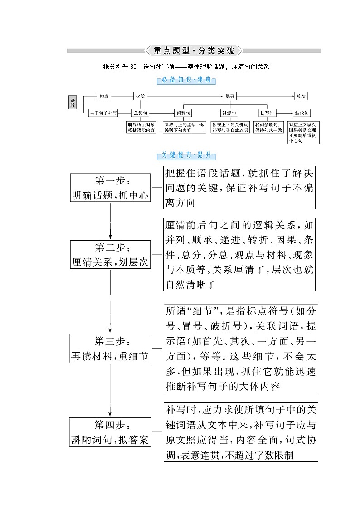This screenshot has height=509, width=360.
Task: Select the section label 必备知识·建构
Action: [x=186, y=80]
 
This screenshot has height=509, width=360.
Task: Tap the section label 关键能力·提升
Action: [x=186, y=155]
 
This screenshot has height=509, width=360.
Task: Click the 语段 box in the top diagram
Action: [x=72, y=103]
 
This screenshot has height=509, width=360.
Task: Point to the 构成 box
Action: [x=104, y=96]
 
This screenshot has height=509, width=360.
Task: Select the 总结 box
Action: [x=301, y=96]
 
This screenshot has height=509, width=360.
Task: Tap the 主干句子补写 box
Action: [x=103, y=113]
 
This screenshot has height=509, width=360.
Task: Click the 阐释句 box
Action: [x=184, y=113]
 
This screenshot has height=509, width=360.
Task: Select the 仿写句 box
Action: [x=268, y=113]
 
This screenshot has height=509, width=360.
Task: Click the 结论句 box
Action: [x=301, y=113]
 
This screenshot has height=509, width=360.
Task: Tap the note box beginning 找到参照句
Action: [x=268, y=127]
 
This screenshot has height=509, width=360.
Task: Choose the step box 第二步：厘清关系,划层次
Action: [x=110, y=255]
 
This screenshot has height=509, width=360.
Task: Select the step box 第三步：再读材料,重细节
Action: [x=110, y=349]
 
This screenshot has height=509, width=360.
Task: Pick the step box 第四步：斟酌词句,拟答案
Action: [x=110, y=432]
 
